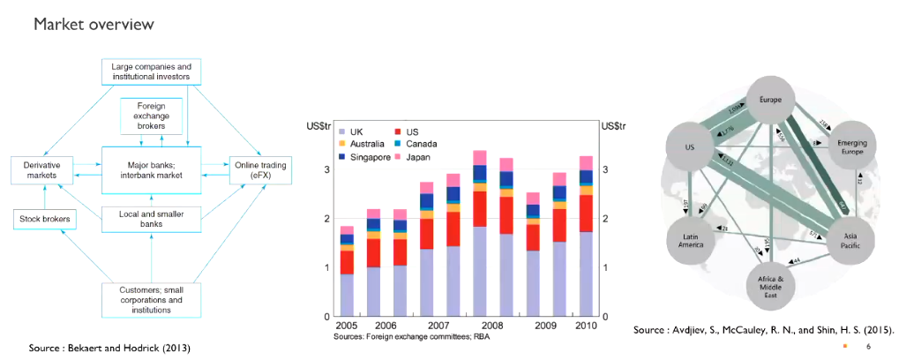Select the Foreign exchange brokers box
(151, 116)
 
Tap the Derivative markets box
(41, 169)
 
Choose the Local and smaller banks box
(151, 218)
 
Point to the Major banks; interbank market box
(151, 169)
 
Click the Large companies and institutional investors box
(151, 71)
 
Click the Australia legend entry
(369, 144)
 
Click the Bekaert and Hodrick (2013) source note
(109, 348)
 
